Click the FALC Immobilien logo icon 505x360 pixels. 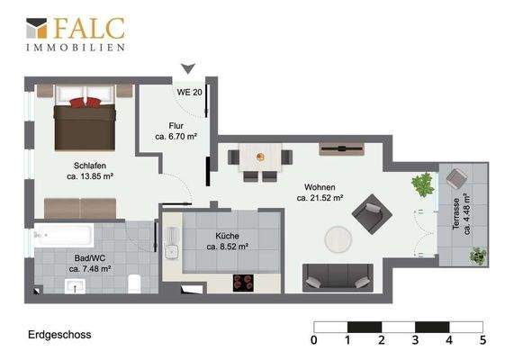pyautogui.click(x=36, y=28)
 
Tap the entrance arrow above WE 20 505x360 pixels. pyautogui.click(x=188, y=68)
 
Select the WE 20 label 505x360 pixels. pyautogui.click(x=189, y=93)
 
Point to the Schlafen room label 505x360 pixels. pyautogui.click(x=90, y=166)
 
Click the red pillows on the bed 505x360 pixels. pyautogui.click(x=86, y=103)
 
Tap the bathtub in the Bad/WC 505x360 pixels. pyautogui.click(x=64, y=235)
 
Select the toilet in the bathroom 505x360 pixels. pyautogui.click(x=134, y=283)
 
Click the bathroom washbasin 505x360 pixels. pyautogui.click(x=75, y=286)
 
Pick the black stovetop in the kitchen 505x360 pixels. pyautogui.click(x=243, y=283)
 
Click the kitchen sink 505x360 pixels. pyautogui.click(x=172, y=252)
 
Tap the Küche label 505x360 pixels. pyautogui.click(x=227, y=236)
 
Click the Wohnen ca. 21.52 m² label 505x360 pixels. pyautogui.click(x=320, y=193)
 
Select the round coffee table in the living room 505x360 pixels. pyautogui.click(x=338, y=239)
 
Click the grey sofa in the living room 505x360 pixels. pyautogui.click(x=338, y=278)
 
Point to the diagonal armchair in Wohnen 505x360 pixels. pyautogui.click(x=372, y=214)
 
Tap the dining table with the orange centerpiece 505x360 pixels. pyautogui.click(x=260, y=157)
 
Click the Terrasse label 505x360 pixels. pyautogui.click(x=456, y=214)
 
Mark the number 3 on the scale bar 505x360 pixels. pyautogui.click(x=415, y=340)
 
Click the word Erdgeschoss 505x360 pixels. pyautogui.click(x=59, y=335)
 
